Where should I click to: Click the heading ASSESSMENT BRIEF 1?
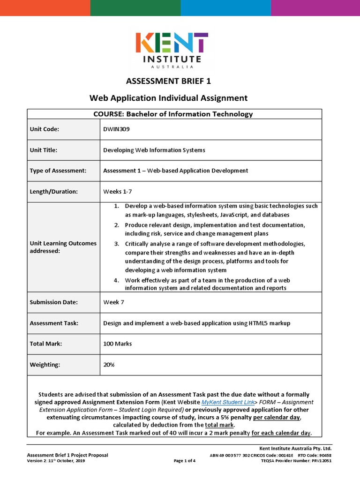[168, 81]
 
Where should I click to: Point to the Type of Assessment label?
[58, 171]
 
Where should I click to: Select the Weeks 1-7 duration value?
[114, 191]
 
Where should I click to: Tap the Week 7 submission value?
[113, 302]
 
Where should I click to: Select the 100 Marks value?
[117, 344]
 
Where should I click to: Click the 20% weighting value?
[109, 364]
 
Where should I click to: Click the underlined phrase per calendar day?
[276, 417]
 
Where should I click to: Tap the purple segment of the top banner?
[315, 8]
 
